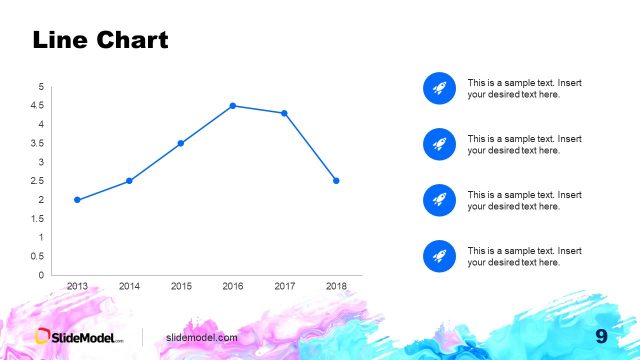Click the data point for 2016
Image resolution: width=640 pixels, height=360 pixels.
tap(232, 106)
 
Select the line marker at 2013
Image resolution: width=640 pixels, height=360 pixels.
tap(77, 200)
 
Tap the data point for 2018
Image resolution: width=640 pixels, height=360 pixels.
tap(336, 181)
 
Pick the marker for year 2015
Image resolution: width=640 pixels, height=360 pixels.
tap(181, 143)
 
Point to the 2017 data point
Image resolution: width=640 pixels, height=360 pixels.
tap(284, 113)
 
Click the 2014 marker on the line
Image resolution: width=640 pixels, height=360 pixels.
tap(129, 181)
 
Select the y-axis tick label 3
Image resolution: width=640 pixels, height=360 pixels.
tap(40, 162)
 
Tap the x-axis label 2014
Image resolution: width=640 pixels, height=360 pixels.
tap(129, 286)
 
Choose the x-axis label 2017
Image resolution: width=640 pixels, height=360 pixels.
tap(284, 286)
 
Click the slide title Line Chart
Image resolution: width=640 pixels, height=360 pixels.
tap(100, 40)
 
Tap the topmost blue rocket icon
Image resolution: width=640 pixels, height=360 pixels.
tap(438, 88)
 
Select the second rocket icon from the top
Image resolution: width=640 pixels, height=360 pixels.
tap(438, 144)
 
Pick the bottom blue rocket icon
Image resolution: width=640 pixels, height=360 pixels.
tap(438, 256)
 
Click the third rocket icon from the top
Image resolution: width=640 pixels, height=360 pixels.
tap(438, 200)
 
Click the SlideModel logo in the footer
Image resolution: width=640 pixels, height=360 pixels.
tap(80, 337)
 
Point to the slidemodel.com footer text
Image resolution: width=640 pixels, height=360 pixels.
tap(202, 338)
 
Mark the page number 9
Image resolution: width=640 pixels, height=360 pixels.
tap(602, 336)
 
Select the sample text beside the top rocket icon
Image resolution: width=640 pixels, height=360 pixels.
tap(513, 88)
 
